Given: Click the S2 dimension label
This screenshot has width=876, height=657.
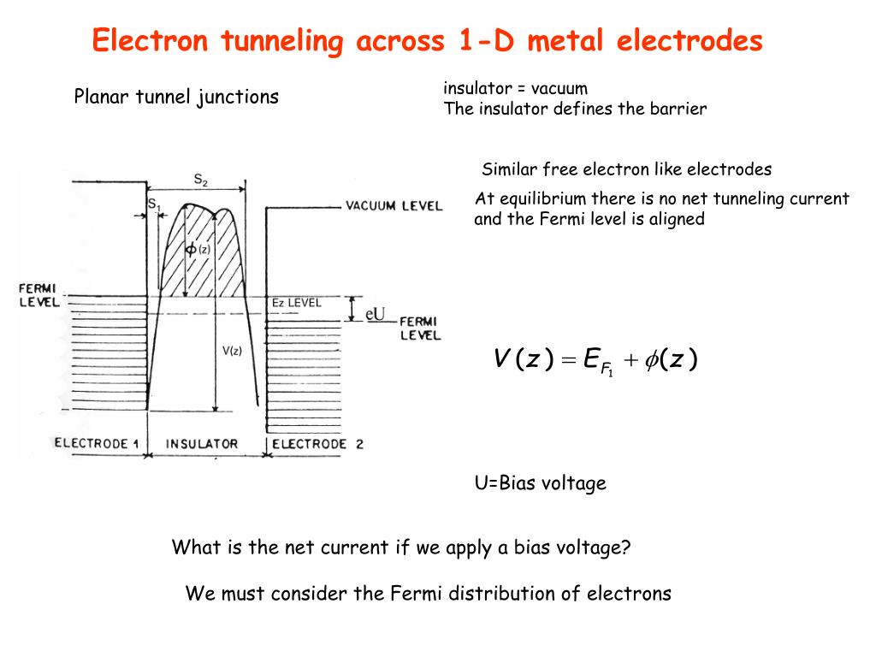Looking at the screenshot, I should click(x=200, y=179).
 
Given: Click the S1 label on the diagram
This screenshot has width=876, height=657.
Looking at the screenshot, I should click(x=154, y=204).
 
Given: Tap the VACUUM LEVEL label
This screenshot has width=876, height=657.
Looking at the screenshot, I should click(x=394, y=205).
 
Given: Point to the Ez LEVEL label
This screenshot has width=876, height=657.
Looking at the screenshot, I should click(x=296, y=303).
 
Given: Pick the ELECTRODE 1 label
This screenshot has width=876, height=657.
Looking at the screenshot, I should click(x=96, y=444).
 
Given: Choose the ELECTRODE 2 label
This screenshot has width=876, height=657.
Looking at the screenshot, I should click(x=317, y=444).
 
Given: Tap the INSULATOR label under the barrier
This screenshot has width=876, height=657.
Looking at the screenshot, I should click(x=202, y=444).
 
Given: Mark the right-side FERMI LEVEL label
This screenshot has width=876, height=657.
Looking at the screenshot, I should click(x=420, y=328).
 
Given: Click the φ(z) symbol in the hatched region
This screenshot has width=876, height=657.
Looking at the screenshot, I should click(x=198, y=249).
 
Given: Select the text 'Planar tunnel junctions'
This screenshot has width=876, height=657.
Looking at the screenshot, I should click(x=176, y=97).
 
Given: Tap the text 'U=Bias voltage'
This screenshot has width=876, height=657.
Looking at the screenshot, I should click(x=540, y=483).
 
